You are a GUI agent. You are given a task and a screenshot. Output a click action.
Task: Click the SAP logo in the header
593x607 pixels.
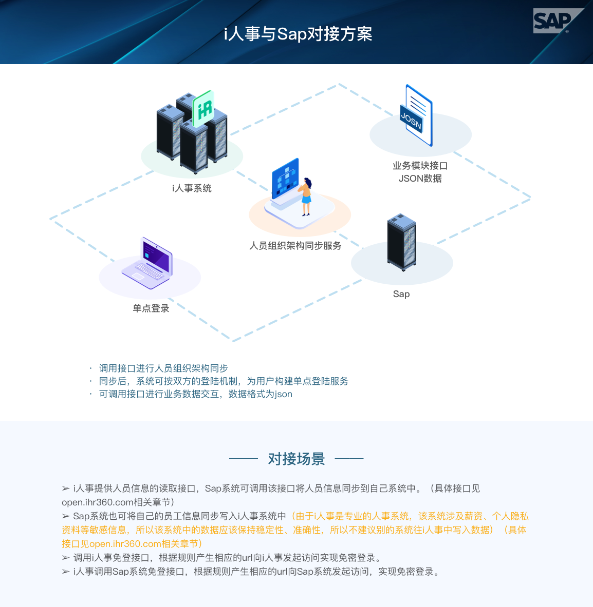click(x=555, y=21)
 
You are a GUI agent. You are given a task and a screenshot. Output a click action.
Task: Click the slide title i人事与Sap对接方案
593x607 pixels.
click(x=298, y=34)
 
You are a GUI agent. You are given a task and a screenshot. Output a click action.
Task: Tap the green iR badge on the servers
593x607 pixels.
click(x=203, y=108)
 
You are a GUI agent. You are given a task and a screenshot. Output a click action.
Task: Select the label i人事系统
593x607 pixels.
click(x=192, y=188)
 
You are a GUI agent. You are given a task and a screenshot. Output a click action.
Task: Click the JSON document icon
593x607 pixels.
click(x=416, y=116)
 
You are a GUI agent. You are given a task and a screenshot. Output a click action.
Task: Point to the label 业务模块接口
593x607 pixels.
click(x=420, y=166)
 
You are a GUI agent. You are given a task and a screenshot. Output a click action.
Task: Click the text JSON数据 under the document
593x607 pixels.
click(x=420, y=179)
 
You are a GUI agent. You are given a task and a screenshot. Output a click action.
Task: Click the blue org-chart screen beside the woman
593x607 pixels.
click(x=285, y=179)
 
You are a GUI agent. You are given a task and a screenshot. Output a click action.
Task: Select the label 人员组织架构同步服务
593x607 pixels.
click(x=295, y=246)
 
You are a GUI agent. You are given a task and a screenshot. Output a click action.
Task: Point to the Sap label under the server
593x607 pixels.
click(x=401, y=294)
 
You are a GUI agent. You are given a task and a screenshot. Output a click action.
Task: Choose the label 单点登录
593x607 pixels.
click(x=151, y=308)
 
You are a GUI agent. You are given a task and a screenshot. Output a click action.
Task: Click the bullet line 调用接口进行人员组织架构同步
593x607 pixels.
click(x=163, y=368)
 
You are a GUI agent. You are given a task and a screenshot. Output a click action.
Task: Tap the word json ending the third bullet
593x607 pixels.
click(x=283, y=394)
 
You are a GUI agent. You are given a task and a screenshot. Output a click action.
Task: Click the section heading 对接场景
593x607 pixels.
click(x=296, y=459)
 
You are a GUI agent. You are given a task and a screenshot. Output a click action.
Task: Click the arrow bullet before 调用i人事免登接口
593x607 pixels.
click(x=66, y=558)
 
